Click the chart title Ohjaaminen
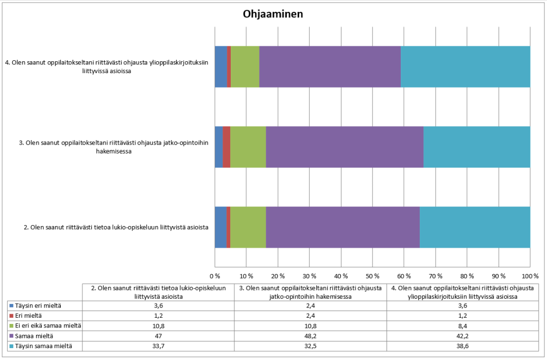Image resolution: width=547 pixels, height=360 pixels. point(273,14)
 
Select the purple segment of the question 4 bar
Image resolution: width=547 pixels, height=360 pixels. point(330,66)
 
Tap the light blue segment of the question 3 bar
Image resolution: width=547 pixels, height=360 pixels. point(476,147)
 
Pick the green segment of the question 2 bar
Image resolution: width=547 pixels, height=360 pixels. point(248,227)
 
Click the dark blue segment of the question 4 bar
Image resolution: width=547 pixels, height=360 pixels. point(220,66)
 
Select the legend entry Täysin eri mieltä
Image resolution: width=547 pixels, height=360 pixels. point(36,305)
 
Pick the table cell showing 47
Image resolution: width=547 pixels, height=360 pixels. point(158,336)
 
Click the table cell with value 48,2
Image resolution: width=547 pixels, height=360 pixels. point(310,336)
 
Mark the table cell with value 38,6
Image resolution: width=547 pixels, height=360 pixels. point(463,346)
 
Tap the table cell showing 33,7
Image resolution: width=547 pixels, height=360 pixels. point(158,346)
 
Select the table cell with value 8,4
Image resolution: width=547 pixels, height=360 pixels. point(463,325)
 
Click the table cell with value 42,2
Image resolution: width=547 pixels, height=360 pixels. point(463,336)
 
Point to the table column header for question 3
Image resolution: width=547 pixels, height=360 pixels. point(310,292)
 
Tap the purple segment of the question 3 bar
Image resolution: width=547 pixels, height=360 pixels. point(344,147)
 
